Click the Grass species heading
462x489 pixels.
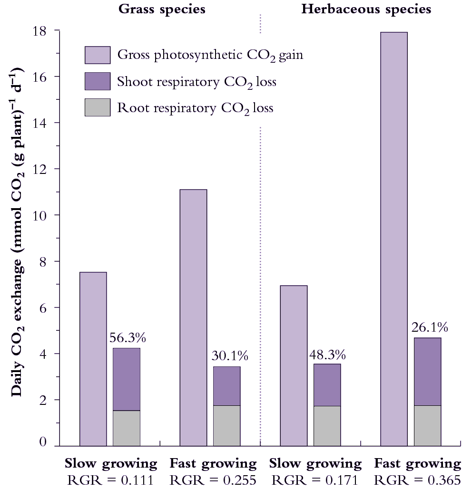coord(162,10)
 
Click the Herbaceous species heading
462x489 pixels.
coord(366,10)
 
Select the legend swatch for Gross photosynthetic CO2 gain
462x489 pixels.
coord(98,55)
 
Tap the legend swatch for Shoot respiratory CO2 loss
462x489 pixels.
coord(98,81)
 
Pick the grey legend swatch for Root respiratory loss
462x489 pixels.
coord(98,107)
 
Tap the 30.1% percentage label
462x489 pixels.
coord(227,356)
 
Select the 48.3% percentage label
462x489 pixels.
coord(327,355)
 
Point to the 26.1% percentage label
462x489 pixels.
coord(428,327)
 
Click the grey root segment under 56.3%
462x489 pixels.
coord(127,428)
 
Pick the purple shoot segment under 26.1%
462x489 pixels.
coord(428,371)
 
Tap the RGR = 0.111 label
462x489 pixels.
coord(110,479)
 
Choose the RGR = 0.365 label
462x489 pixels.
coord(417,479)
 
